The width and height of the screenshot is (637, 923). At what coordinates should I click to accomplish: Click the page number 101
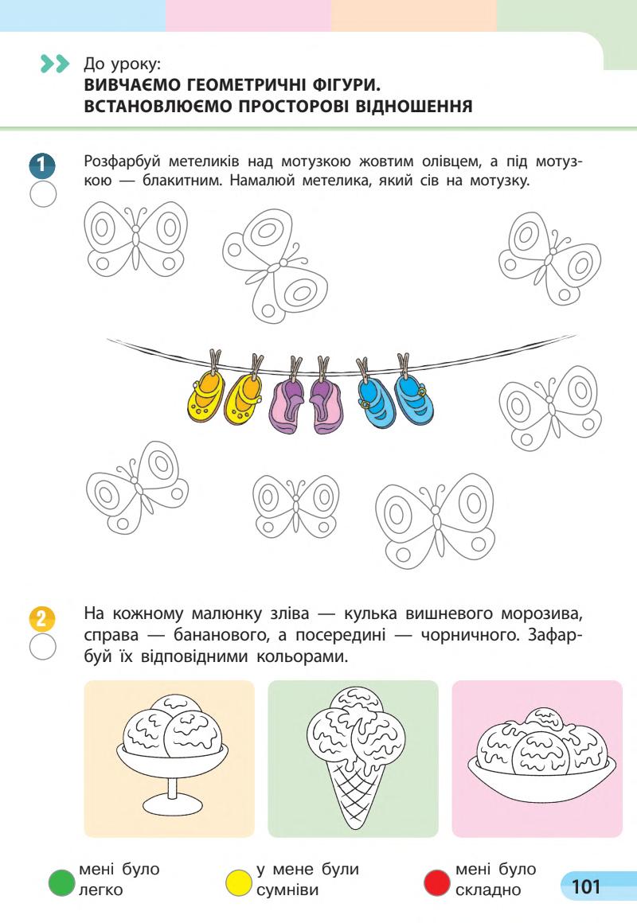pos(586,886)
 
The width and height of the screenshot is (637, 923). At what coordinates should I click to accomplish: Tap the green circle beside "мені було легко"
pos(62,882)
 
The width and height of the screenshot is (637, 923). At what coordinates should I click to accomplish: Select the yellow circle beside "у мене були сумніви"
pos(239,882)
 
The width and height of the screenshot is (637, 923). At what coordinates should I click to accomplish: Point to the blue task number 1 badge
pos(42,166)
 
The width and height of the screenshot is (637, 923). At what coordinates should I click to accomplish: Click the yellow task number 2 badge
pos(42,618)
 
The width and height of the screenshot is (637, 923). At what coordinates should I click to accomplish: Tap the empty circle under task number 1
pos(43,193)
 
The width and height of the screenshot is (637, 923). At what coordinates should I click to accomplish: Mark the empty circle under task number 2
pos(43,646)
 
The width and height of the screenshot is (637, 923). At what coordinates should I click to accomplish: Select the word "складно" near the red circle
pos(488,890)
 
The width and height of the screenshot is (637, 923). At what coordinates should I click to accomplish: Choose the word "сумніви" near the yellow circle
pos(287,890)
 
